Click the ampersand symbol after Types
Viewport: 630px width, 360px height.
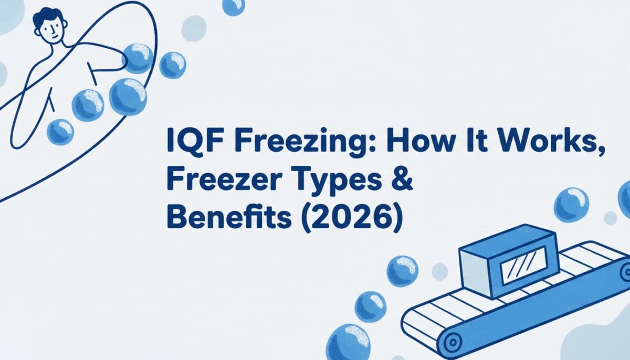click(401, 181)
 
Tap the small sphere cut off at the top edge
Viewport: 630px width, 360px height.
click(233, 5)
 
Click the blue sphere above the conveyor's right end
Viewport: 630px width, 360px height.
click(572, 204)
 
